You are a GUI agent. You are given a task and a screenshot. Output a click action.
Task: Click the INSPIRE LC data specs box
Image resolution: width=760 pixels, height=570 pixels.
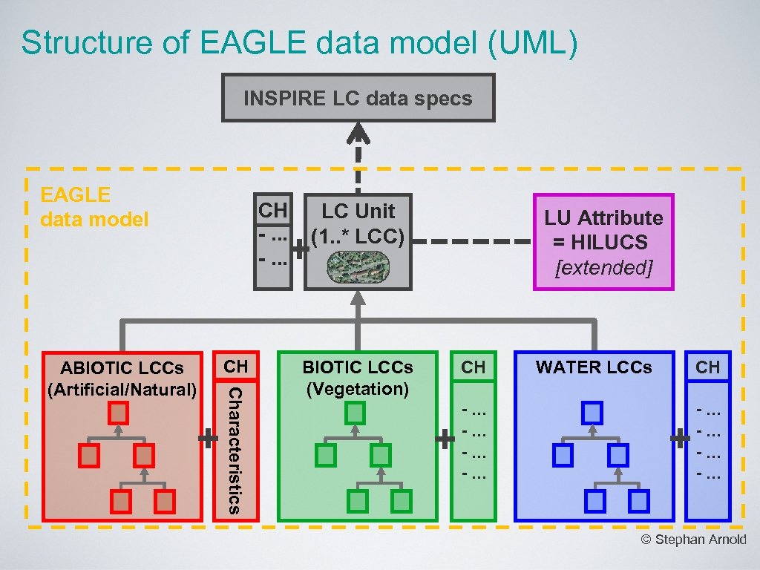coord(358,98)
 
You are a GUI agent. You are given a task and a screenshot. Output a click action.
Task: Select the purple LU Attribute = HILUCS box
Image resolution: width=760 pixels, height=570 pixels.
coord(603,242)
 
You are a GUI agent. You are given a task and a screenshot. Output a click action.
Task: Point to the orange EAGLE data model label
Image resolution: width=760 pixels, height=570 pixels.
coord(94,207)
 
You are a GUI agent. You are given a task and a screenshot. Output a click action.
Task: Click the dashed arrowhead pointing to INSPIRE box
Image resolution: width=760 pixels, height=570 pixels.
coord(358,134)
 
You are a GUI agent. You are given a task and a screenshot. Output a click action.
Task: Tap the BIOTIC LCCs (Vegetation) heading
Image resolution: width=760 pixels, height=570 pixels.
coord(358,378)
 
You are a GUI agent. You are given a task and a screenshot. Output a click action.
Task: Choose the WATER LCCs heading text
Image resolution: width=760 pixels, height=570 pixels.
coord(594,367)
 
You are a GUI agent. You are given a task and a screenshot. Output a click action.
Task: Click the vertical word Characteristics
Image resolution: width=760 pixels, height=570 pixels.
coord(233,449)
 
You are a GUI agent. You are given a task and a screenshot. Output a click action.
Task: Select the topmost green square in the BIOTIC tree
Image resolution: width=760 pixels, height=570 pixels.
coord(356,413)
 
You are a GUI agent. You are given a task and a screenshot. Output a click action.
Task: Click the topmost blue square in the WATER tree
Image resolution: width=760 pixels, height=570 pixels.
coord(592,413)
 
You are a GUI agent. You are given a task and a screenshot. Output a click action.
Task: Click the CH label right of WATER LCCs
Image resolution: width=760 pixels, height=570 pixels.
coord(707,367)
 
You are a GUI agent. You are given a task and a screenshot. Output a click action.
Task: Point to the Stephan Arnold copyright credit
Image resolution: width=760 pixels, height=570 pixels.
coord(693,540)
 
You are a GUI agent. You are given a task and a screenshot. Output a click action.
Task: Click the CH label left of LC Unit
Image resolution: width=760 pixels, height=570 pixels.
coord(272,211)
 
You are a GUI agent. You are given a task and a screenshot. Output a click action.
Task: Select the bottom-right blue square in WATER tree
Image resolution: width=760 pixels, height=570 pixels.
coord(638,502)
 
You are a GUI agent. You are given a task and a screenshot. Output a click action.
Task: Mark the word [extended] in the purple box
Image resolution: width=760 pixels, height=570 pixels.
coord(603,267)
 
